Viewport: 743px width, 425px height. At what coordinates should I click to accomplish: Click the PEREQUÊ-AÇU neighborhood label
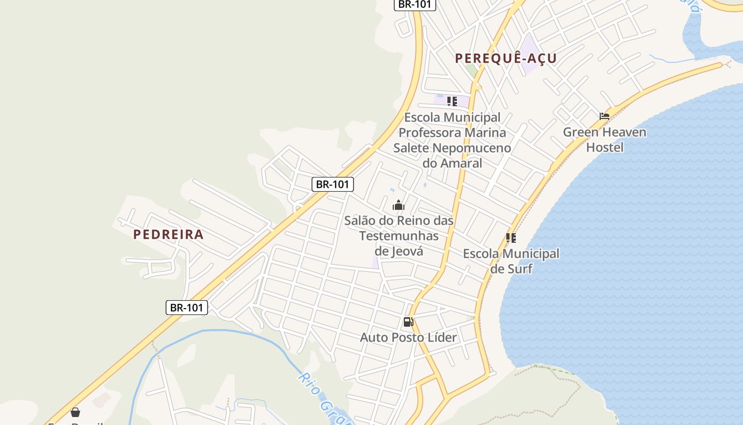click(x=506, y=58)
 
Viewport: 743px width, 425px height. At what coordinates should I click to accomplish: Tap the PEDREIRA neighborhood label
click(x=168, y=234)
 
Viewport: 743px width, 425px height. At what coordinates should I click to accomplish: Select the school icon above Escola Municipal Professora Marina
click(x=452, y=101)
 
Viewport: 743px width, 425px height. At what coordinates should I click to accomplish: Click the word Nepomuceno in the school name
click(x=472, y=148)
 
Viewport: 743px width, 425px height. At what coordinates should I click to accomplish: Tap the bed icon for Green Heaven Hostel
click(x=604, y=116)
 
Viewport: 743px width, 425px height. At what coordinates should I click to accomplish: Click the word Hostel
click(x=604, y=147)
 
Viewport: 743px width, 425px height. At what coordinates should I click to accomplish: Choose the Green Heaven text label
click(x=604, y=132)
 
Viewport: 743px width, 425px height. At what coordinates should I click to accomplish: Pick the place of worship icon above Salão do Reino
click(x=399, y=205)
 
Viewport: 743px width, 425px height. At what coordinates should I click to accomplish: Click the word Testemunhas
click(x=399, y=235)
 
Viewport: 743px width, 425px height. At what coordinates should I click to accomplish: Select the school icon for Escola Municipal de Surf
click(x=511, y=238)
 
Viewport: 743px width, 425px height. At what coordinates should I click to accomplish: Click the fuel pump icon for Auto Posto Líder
click(x=408, y=321)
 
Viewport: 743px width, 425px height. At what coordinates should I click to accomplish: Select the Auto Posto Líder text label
click(x=408, y=337)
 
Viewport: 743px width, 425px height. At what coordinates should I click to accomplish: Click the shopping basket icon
click(x=75, y=412)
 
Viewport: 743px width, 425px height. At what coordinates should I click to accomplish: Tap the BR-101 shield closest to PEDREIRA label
click(x=186, y=307)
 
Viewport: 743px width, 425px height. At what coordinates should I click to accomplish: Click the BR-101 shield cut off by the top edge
click(x=414, y=4)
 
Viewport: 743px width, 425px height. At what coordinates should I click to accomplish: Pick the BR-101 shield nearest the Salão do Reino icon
click(x=332, y=184)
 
